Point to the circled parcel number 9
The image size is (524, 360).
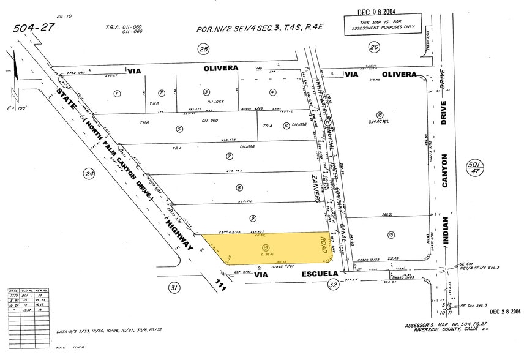coord(252,217)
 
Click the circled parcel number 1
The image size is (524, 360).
coord(116,93)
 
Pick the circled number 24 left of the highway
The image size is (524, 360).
coord(89,174)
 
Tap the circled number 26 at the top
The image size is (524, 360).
coord(374,47)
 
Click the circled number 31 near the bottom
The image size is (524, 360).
coord(174,287)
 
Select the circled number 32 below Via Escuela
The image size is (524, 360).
coord(333,284)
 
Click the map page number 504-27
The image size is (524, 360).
coord(36,28)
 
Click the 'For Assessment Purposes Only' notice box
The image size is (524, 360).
coord(379,24)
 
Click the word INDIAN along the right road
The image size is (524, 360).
coord(445,231)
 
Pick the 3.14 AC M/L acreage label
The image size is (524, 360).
coord(380,122)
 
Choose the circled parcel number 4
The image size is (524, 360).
coord(272,92)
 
